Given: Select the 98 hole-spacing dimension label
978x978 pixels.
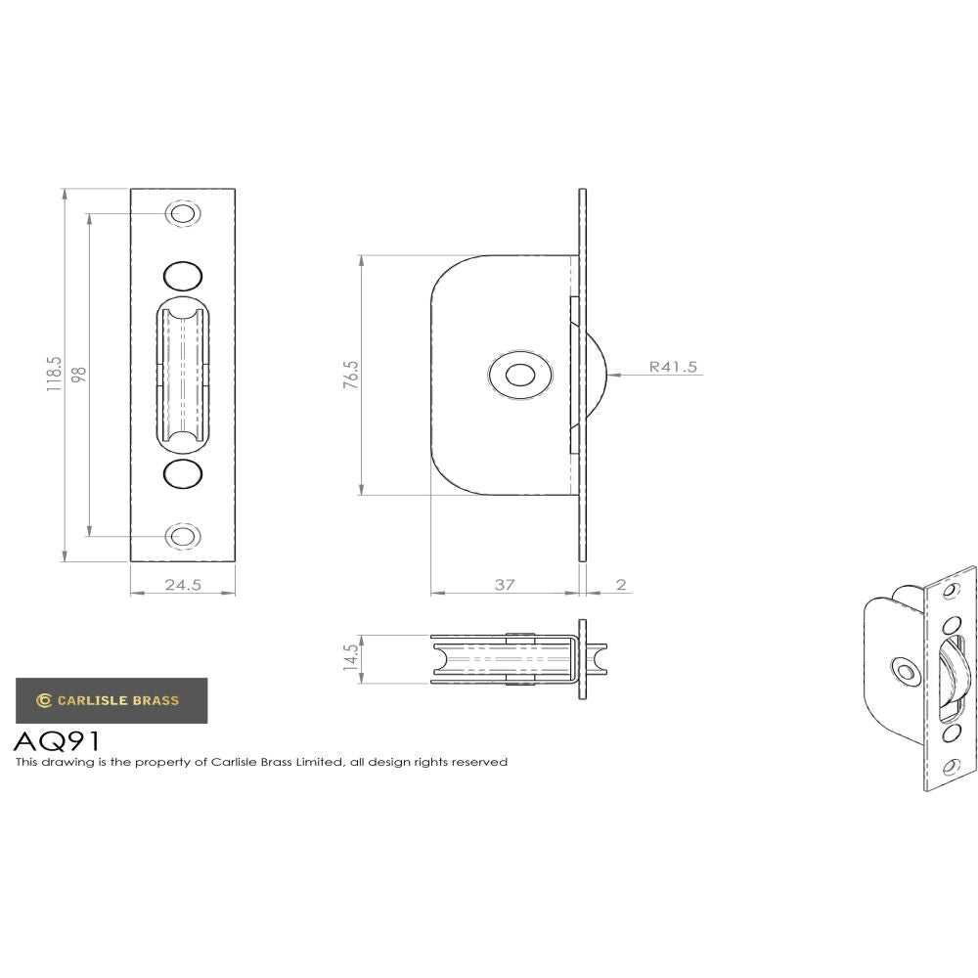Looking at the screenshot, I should (79, 375).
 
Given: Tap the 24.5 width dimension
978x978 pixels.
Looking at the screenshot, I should (182, 585).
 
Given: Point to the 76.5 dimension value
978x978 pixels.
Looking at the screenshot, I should (351, 376).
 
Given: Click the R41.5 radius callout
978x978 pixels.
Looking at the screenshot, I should (673, 368).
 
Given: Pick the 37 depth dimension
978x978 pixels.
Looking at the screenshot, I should (504, 585).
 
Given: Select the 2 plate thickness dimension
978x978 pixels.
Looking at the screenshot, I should (621, 585).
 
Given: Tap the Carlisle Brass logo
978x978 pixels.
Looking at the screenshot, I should (111, 699).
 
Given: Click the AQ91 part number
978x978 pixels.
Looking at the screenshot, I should (57, 740).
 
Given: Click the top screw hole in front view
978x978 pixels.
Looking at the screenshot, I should (182, 214).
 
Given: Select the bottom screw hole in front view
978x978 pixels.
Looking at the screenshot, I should (182, 535).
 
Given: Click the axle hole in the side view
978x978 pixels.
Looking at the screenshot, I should (518, 375).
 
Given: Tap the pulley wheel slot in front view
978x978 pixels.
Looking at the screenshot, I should (182, 375).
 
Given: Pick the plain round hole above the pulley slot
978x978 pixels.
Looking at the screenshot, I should (182, 274).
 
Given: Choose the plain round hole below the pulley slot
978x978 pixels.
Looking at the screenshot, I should (182, 474).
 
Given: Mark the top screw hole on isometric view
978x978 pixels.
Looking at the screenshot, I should (950, 590).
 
